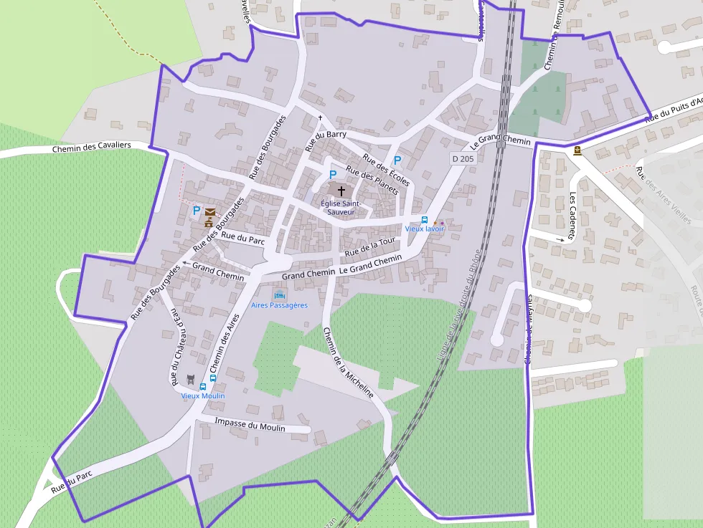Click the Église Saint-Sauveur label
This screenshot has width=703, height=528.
coord(341,207)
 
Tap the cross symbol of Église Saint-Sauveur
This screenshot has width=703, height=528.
coord(341,191)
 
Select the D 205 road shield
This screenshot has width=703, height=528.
coord(463,158)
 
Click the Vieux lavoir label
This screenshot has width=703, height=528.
coord(425,229)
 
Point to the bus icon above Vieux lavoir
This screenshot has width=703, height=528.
coord(425,220)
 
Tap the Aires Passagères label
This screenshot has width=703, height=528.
coord(279,305)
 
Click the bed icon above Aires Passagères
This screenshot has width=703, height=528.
coord(279,295)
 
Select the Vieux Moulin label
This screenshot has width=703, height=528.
coord(203,395)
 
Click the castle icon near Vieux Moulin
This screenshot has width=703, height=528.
coord(191,379)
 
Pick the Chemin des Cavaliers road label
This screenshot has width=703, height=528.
coord(91,146)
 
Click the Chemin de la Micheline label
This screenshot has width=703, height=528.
coord(348,363)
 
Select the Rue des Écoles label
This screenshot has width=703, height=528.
coord(386,170)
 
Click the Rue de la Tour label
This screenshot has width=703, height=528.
coord(370,248)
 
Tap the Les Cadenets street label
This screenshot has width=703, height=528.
coord(573,215)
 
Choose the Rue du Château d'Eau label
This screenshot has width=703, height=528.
coord(175,345)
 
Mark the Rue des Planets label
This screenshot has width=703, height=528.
coord(372,180)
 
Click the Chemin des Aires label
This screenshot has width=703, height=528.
coord(228,342)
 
